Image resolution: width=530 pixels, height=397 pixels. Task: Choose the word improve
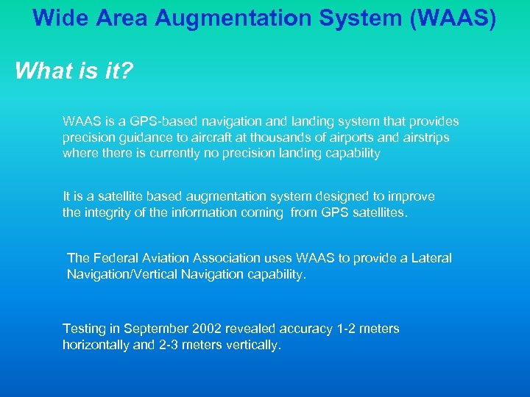[x=411, y=197]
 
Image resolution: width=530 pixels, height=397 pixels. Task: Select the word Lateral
[x=431, y=258]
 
